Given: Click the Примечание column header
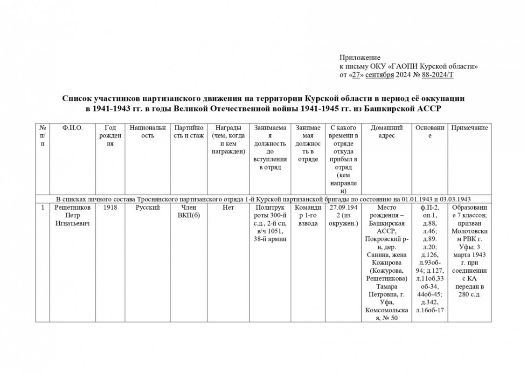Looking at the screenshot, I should coord(469,127).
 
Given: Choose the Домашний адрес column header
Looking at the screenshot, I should coord(386,131).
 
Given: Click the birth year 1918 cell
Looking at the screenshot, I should coord(110,207).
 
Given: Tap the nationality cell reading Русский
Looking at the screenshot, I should coord(147,207).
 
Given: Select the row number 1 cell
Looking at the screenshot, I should coord(42,207).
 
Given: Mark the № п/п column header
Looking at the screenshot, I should coord(42,135).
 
